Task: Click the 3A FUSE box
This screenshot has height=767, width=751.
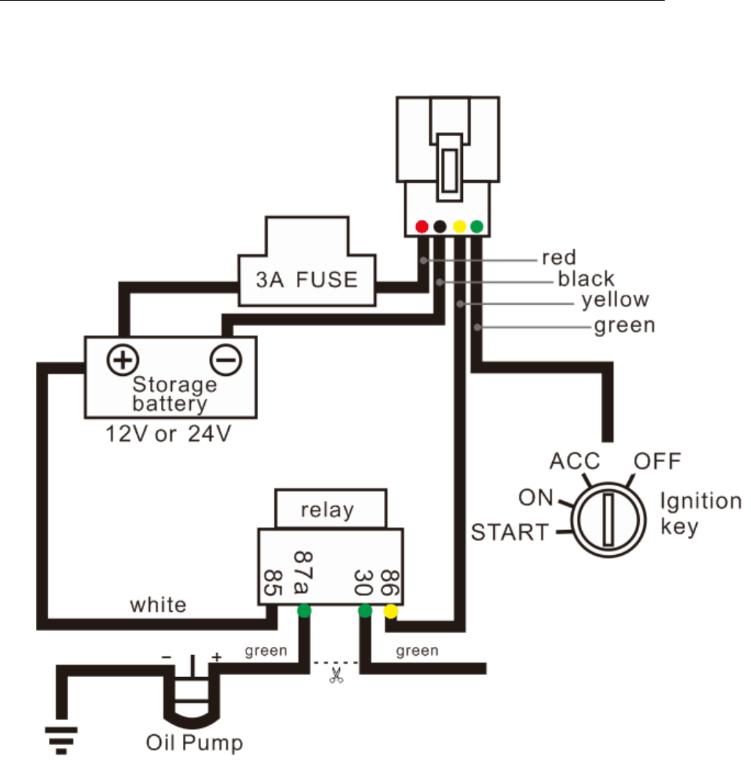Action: click(306, 279)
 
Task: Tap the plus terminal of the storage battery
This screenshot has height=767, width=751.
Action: click(123, 359)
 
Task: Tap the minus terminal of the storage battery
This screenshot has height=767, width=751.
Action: click(226, 359)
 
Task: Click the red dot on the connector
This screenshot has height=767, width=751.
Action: click(422, 227)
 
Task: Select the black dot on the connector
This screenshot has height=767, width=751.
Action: click(440, 227)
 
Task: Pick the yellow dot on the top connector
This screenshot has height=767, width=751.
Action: click(459, 227)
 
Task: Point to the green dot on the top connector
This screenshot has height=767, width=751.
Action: click(478, 227)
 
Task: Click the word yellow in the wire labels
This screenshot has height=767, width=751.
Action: click(615, 300)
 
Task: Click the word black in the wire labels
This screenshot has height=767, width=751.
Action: click(586, 279)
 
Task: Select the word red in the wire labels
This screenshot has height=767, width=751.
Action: click(559, 257)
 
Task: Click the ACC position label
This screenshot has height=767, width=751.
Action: click(574, 461)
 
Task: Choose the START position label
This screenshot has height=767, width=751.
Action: click(510, 532)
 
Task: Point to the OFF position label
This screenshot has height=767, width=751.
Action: click(657, 461)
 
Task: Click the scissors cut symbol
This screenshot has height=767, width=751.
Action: click(336, 675)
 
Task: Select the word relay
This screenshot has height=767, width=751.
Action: click(327, 509)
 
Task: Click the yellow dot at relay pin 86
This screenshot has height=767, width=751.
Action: click(391, 611)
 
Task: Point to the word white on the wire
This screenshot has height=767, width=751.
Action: click(158, 605)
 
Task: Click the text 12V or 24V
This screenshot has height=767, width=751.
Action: click(170, 434)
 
